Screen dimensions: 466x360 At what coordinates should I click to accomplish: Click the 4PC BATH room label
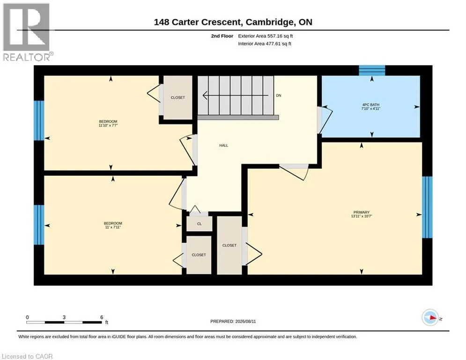[x=370, y=105]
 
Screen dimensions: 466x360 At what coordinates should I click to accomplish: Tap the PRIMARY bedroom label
[x=362, y=212]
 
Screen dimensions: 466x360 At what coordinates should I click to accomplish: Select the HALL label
[x=223, y=145]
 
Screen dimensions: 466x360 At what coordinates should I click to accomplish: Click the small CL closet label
[x=199, y=224]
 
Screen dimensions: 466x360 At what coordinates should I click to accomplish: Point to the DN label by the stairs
[x=279, y=96]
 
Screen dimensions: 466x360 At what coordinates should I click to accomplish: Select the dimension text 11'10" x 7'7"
[x=108, y=126]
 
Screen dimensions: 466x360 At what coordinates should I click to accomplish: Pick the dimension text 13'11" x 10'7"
[x=362, y=216]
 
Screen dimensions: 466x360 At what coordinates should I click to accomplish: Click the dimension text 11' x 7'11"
[x=113, y=227]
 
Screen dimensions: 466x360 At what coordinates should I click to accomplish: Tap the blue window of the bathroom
[x=372, y=70]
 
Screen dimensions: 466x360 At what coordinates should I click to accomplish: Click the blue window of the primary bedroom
[x=427, y=207]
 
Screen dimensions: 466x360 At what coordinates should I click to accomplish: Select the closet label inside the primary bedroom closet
[x=229, y=246]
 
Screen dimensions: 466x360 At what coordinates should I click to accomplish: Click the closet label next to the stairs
[x=178, y=97]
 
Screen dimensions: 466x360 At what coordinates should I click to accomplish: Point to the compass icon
[x=430, y=317]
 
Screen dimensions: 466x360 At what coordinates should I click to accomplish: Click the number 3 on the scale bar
[x=64, y=317]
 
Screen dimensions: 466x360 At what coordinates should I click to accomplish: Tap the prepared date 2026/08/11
[x=245, y=321]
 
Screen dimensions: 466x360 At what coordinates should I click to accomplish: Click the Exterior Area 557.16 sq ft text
[x=266, y=36]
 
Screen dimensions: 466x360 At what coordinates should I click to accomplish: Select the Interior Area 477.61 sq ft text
[x=265, y=44]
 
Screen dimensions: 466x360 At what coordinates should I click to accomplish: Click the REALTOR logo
[x=27, y=32]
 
